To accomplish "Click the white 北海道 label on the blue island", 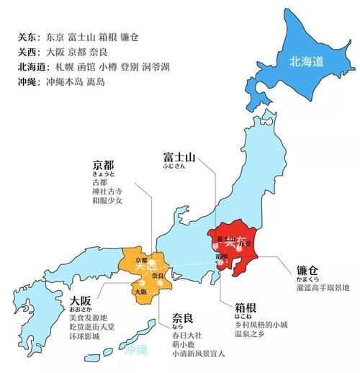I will pyautogui.click(x=307, y=60).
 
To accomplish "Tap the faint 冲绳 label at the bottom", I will pyautogui.click(x=135, y=351).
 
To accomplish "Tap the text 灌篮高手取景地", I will pyautogui.click(x=323, y=289).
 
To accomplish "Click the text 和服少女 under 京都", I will pyautogui.click(x=107, y=200).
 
